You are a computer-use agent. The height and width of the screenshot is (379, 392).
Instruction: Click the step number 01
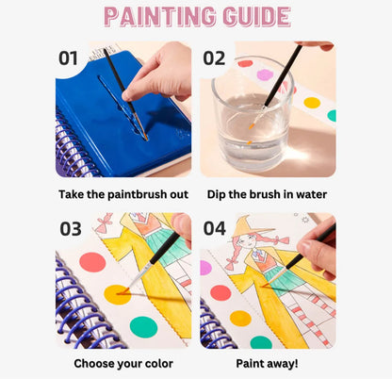click(x=68, y=58)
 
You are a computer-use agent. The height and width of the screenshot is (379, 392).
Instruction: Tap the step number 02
click(x=214, y=58)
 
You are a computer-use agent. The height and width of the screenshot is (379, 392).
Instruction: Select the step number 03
click(x=71, y=229)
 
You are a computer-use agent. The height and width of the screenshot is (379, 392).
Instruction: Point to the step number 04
click(x=215, y=228)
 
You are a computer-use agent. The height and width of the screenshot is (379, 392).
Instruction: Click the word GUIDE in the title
click(x=256, y=16)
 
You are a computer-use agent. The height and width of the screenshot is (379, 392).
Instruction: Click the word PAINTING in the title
click(x=159, y=16)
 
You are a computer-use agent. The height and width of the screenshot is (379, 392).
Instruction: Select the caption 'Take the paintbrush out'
click(x=123, y=194)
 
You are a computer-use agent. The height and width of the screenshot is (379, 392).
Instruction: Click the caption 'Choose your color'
click(x=123, y=364)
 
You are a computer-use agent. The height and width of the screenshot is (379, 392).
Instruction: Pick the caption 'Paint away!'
click(x=267, y=364)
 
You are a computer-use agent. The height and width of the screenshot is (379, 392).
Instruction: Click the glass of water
click(x=253, y=114)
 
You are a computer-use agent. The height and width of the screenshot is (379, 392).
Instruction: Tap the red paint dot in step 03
click(x=92, y=262)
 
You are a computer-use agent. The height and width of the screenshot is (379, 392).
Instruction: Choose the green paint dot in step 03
click(x=143, y=327)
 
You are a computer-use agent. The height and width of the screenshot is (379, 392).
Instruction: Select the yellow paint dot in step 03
click(x=117, y=294)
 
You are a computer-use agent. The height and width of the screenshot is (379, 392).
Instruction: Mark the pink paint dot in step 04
click(x=205, y=268)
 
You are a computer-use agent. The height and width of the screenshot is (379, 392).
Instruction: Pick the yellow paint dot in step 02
click(x=312, y=103)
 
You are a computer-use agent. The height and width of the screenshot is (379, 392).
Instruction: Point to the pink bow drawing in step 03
click(x=104, y=222)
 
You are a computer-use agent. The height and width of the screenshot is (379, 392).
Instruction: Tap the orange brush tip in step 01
click(x=145, y=136)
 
